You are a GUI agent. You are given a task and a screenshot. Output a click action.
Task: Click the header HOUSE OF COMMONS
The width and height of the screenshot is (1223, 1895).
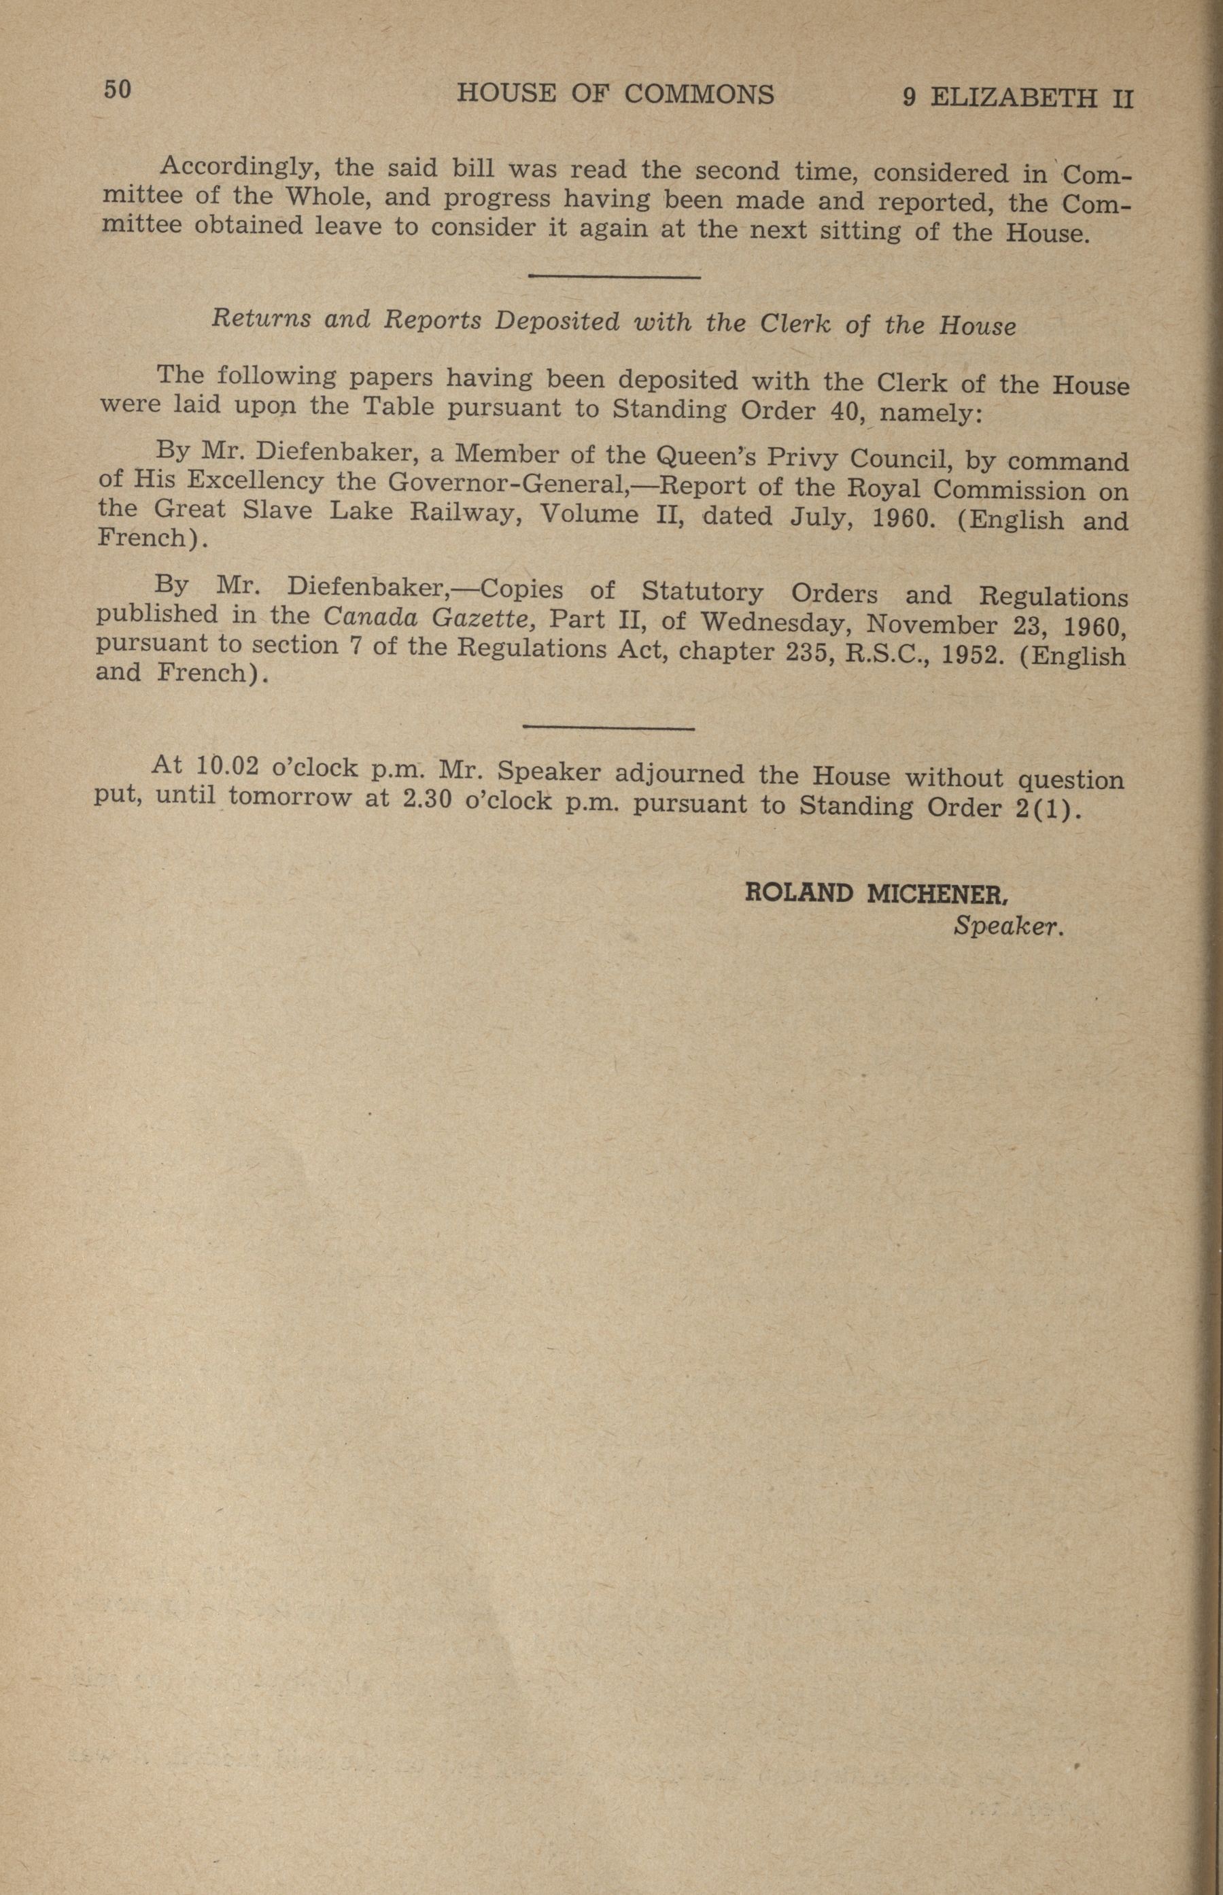[x=615, y=94]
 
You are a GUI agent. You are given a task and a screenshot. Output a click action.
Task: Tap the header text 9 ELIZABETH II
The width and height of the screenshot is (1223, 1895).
[x=1017, y=99]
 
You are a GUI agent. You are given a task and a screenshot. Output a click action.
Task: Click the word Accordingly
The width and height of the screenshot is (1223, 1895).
[x=238, y=167]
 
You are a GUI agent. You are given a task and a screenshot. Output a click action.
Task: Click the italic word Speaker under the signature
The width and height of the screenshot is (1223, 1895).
[x=1007, y=926]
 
